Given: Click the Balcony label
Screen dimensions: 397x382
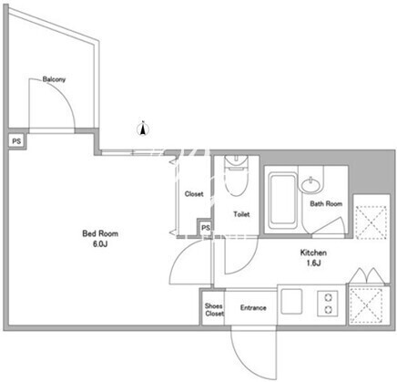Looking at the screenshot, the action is tap(54, 79).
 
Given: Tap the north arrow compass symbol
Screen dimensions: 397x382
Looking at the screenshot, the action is tap(142, 129).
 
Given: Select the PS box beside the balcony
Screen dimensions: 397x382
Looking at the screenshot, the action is tap(16, 141).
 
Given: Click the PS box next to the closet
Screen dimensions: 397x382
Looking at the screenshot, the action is tap(206, 228).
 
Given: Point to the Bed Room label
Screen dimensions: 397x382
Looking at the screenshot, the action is tap(100, 233).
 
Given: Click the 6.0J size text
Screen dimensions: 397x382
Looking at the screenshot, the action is tap(100, 244).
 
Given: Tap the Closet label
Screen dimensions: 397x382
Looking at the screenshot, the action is tap(194, 193).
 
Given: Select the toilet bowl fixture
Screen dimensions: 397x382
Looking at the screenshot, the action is tap(236, 175).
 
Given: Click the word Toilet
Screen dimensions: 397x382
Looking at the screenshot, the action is tap(241, 214).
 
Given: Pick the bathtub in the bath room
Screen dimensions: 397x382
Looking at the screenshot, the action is tap(283, 201).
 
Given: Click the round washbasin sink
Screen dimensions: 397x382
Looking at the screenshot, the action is tap(310, 185).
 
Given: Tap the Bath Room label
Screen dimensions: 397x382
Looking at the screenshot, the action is tap(326, 203).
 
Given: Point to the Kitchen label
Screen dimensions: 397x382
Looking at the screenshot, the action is tap(313, 253).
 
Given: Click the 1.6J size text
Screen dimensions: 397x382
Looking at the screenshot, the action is tap(313, 263).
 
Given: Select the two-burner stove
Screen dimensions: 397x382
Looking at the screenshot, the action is tap(328, 304).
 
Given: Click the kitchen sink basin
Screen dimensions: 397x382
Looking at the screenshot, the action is tap(291, 302).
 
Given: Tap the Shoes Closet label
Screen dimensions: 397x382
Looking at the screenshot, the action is tap(214, 310).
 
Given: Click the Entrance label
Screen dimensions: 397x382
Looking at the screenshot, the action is tap(253, 308).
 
